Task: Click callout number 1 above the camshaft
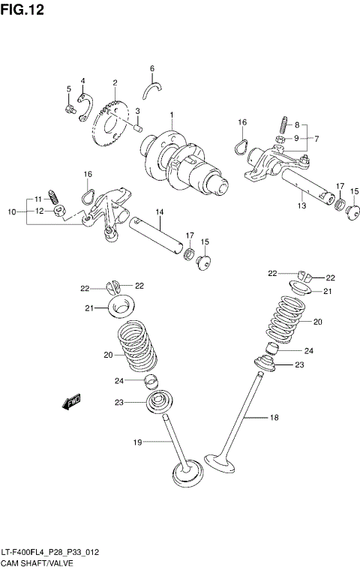[x=171, y=115]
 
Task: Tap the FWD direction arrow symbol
[x=72, y=403]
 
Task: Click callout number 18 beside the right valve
[x=274, y=418]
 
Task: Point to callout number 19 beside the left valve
[x=137, y=442]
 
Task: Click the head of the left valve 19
[x=187, y=474]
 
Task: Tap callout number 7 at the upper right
[x=316, y=139]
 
